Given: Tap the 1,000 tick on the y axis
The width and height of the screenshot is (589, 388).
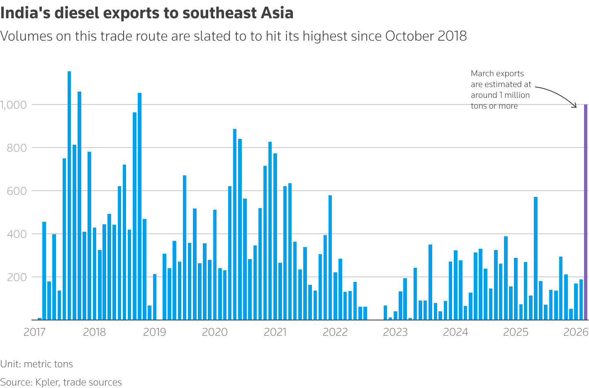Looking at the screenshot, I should point(13,105).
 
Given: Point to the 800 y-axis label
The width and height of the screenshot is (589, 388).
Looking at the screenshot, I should point(17,148).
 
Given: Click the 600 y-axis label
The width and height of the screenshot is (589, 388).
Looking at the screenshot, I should point(17,191).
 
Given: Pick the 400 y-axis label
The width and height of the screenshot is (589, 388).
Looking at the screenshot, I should point(17,234).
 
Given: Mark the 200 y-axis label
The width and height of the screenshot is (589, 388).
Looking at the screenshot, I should point(17,277).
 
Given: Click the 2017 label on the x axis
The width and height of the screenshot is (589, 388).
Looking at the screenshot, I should point(34,332).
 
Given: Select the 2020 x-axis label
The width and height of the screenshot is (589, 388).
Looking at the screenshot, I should point(215,332).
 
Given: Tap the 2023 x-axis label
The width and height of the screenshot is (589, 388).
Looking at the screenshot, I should point(395,332).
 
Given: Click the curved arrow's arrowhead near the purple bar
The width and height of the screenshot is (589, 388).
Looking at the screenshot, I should point(575,106).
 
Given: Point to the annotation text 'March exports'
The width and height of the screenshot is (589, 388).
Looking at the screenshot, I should point(497,74).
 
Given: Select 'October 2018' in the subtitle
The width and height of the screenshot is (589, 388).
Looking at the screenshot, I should point(426,36).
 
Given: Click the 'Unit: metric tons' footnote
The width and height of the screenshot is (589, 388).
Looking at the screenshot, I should point(37,364).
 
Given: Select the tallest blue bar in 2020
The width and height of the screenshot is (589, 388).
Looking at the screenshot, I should point(235,224).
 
